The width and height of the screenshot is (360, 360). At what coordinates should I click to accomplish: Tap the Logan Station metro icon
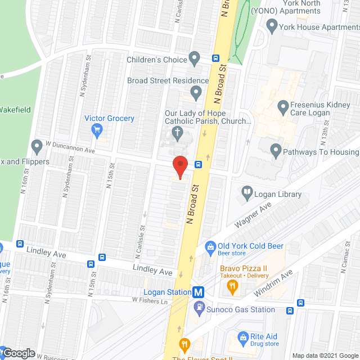click(x=198, y=292)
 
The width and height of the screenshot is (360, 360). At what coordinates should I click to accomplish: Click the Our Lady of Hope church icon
click(x=177, y=133)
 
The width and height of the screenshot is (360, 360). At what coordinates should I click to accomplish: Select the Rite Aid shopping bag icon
click(x=243, y=337)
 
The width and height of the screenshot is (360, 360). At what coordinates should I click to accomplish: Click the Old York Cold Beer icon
click(x=210, y=246)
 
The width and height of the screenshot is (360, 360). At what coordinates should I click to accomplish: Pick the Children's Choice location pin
click(x=195, y=58)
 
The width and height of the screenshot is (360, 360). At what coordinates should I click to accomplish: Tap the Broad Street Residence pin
click(x=196, y=92)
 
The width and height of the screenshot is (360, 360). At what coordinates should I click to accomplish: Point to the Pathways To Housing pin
click(x=276, y=150)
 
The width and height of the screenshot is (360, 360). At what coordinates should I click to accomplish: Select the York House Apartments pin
click(x=272, y=25)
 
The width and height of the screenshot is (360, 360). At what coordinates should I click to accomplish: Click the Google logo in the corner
click(x=19, y=353)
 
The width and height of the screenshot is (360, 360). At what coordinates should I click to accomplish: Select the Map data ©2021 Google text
click(x=325, y=355)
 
